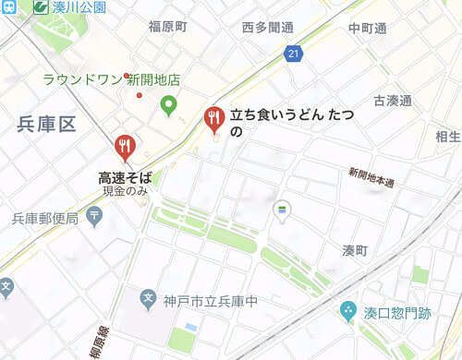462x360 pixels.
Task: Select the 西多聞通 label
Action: pos(267,27)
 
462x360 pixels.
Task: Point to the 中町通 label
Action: pos(367,28)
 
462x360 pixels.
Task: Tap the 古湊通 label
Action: pos(393,100)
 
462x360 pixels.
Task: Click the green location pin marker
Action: pos(168,106)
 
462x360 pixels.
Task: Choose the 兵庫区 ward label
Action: pos(44,126)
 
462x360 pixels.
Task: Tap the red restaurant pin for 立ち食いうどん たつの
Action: pos(213,118)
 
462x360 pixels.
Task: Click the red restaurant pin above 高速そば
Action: pos(125,147)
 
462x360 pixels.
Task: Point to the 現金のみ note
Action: pos(126,191)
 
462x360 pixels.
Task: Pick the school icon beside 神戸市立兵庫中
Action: pos(148,299)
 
